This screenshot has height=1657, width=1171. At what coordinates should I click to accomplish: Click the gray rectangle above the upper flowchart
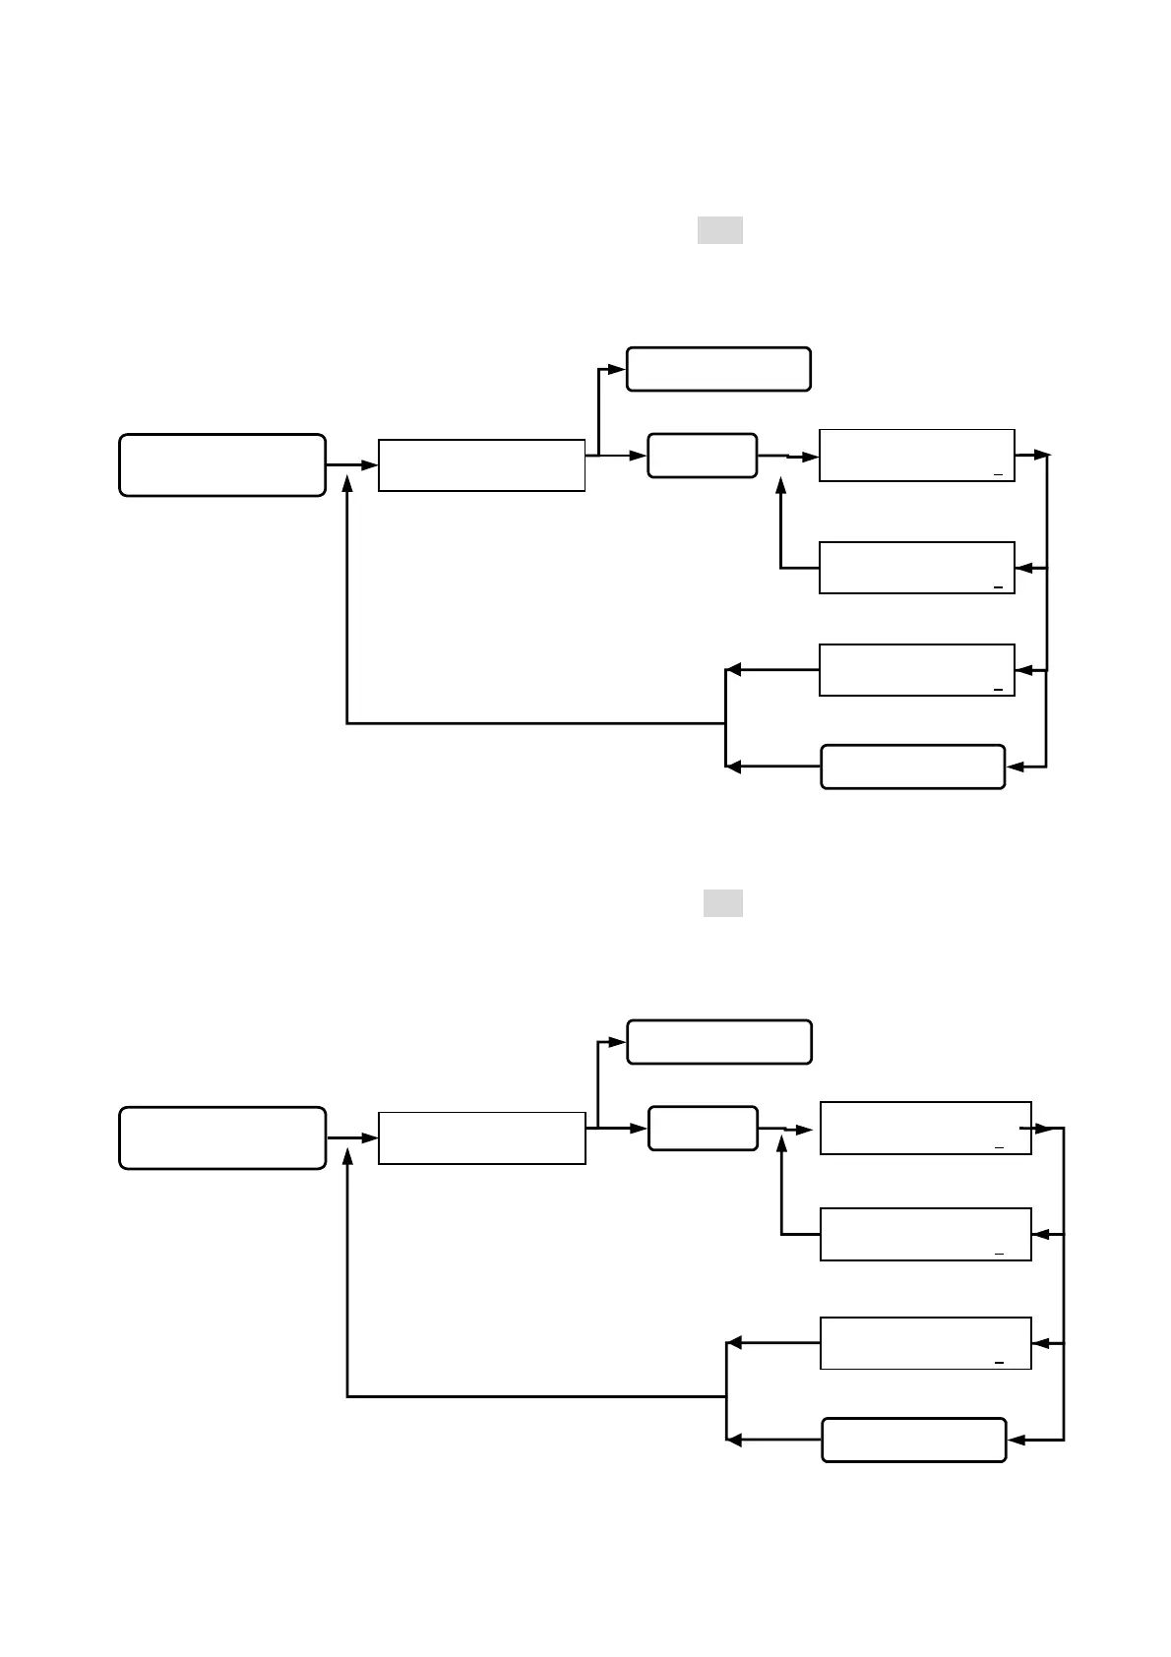[719, 230]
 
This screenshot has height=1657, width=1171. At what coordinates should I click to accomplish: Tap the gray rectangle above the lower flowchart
[722, 903]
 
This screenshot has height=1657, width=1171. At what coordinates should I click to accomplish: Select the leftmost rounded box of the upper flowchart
[222, 464]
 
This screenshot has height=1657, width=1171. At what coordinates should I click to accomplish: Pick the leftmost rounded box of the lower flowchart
[222, 1137]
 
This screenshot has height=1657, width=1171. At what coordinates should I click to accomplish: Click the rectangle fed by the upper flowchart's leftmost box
[481, 464]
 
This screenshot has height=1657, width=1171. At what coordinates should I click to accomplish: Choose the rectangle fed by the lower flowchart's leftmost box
[481, 1137]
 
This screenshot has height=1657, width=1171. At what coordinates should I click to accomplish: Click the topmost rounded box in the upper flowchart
[718, 369]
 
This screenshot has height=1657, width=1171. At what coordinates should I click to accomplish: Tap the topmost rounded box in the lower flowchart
[719, 1042]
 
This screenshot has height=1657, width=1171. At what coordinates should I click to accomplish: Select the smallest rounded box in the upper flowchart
[702, 456]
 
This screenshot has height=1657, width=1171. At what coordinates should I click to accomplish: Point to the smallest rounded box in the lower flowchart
[703, 1128]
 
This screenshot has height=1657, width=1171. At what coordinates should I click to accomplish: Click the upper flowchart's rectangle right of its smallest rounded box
[916, 456]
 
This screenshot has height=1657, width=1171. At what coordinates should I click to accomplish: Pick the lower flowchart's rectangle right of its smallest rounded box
[925, 1128]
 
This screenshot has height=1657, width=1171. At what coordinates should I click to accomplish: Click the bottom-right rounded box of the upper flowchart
[912, 767]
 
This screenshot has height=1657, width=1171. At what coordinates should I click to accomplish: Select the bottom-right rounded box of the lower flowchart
[913, 1440]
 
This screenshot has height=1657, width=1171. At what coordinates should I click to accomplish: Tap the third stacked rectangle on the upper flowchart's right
[916, 670]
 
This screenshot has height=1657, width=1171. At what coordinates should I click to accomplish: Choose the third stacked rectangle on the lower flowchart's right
[925, 1342]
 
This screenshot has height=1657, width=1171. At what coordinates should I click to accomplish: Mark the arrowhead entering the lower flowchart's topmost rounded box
[618, 1042]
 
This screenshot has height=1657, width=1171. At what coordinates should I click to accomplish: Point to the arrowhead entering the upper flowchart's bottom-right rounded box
[1015, 767]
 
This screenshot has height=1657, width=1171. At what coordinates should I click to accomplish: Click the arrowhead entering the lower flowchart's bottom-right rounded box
[1017, 1440]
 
